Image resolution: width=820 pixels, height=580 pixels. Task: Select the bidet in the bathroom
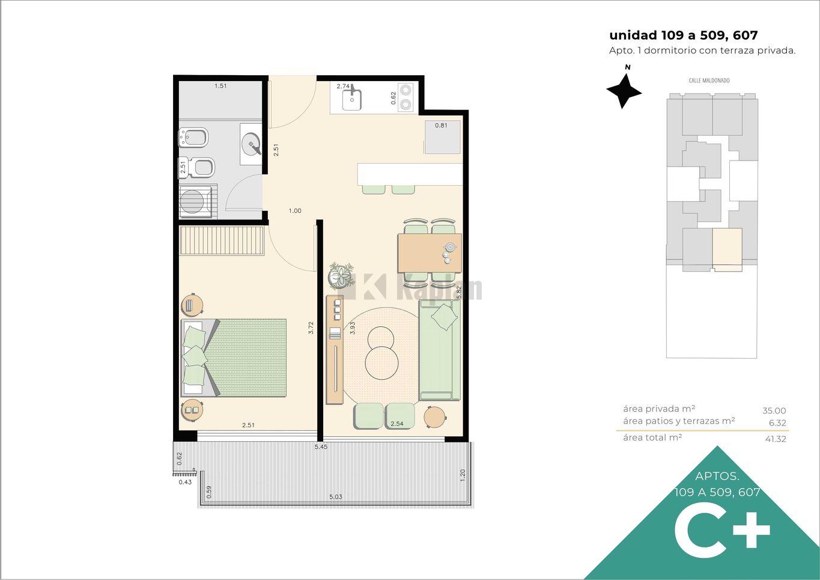pyautogui.click(x=193, y=138)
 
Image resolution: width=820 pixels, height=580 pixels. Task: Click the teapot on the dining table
pyautogui.click(x=449, y=247)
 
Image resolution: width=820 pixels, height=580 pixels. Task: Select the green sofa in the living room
pyautogui.click(x=439, y=350)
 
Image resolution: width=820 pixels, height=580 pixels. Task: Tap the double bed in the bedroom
pyautogui.click(x=234, y=358)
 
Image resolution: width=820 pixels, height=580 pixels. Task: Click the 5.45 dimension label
pyautogui.click(x=321, y=447)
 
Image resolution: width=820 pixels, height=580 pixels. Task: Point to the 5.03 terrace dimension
pyautogui.click(x=336, y=497)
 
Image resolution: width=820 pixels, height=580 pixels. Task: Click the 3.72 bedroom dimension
pyautogui.click(x=311, y=328)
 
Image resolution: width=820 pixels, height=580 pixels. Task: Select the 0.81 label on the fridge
pyautogui.click(x=441, y=125)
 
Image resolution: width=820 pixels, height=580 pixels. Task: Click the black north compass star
pyautogui.click(x=624, y=91)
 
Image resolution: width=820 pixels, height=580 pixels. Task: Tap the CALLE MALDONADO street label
pyautogui.click(x=709, y=81)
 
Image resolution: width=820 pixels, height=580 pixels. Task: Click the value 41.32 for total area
pyautogui.click(x=776, y=439)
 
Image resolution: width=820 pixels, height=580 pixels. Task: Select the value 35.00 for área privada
pyautogui.click(x=774, y=411)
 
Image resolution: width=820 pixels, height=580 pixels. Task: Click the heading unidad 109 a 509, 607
pyautogui.click(x=684, y=35)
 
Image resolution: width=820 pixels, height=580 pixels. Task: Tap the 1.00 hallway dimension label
pyautogui.click(x=295, y=210)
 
